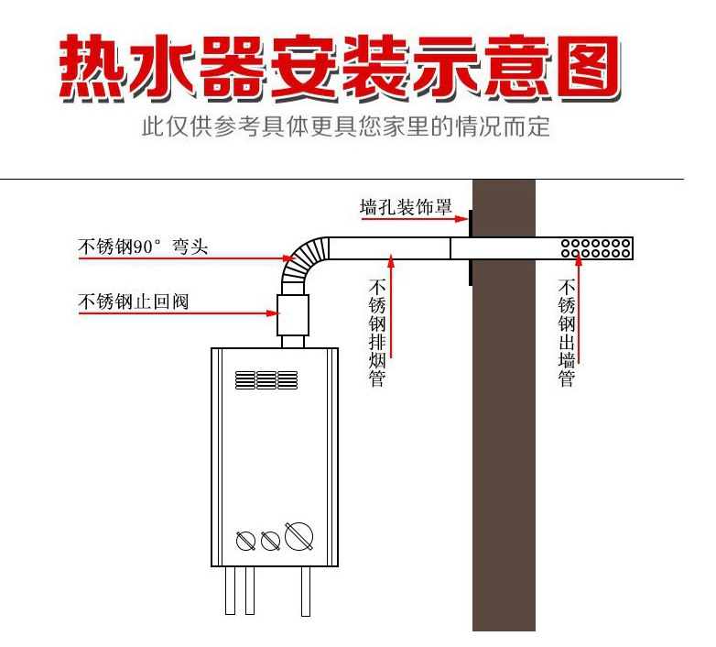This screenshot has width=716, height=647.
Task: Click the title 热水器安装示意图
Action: coord(341,69)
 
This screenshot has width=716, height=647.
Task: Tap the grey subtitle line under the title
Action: coord(345,126)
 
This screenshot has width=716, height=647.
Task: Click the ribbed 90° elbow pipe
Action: coord(300,260)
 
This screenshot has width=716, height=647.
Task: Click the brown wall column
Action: coord(503,440)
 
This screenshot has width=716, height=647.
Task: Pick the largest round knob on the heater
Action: coord(296,535)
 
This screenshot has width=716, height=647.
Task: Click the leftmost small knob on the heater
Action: coord(245,541)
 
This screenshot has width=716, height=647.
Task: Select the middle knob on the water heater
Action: coord(269,541)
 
